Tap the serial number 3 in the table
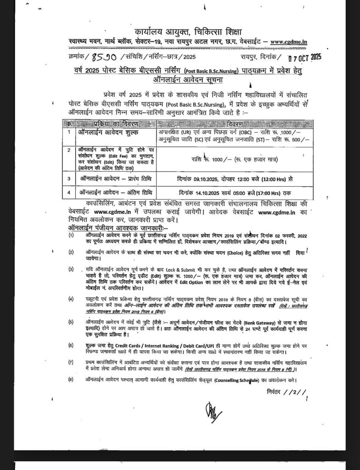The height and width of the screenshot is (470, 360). pyautogui.click(x=69, y=178)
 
